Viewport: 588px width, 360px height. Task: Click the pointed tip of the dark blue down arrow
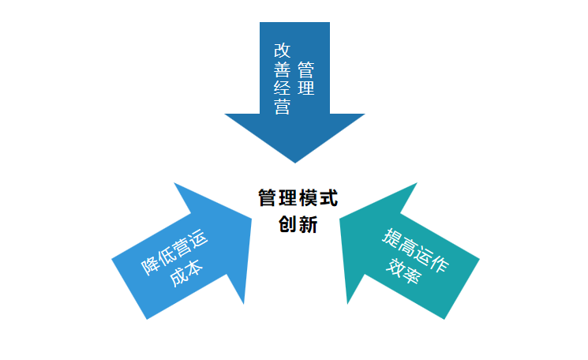295,161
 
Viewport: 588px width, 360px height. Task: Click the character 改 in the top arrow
282,50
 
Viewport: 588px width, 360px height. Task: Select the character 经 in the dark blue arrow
282,88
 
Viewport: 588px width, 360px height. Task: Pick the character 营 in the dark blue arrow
282,107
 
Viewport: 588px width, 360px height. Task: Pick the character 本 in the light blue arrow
194,268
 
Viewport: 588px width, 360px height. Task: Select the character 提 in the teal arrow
391,238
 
